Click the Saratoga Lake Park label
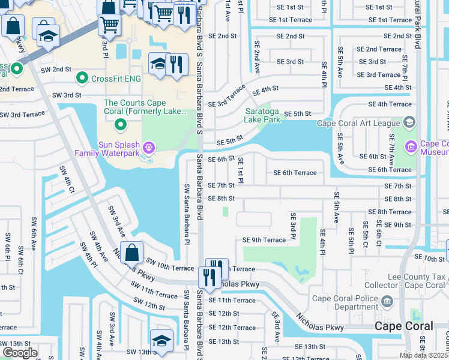click(x=262, y=115)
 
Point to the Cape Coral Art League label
click(x=357, y=124)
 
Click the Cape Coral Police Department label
click(x=346, y=303)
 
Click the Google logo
click(x=20, y=352)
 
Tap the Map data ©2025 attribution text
click(x=424, y=355)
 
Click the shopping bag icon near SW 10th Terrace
click(x=131, y=253)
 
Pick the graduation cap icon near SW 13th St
click(x=161, y=340)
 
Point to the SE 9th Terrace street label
click(x=264, y=240)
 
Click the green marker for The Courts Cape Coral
click(x=120, y=125)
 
